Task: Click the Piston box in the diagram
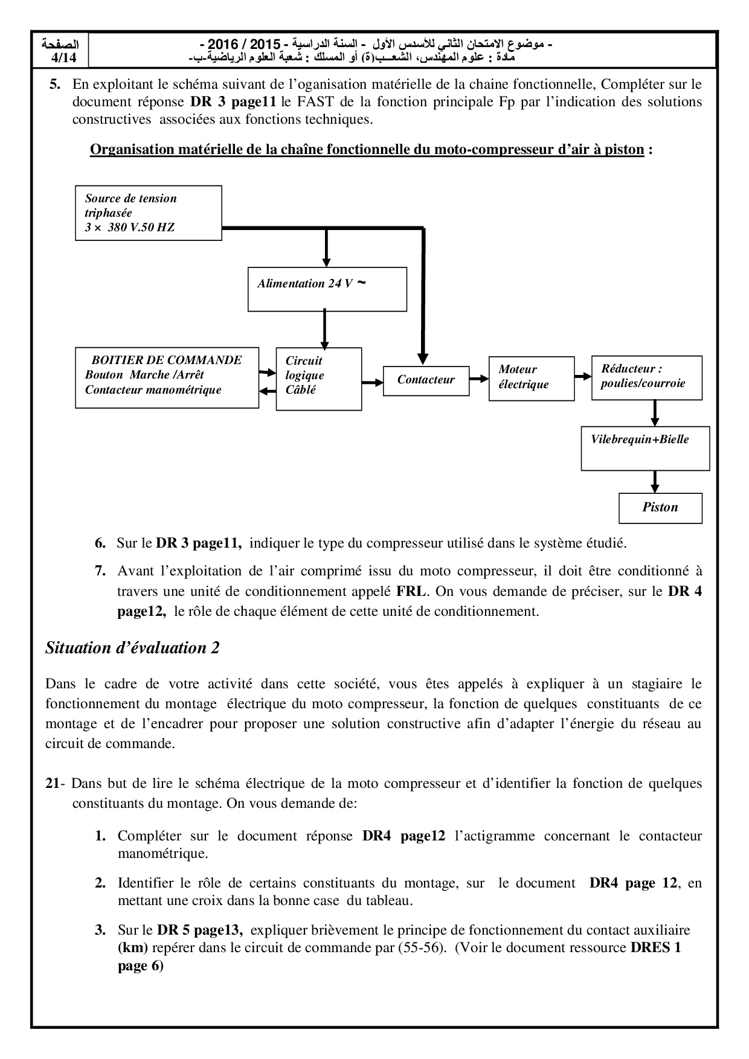(x=660, y=508)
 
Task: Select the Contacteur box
(x=426, y=380)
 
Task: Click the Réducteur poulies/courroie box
(x=646, y=377)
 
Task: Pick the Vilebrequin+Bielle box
(x=645, y=448)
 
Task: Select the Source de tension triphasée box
(x=148, y=213)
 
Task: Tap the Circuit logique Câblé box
(x=318, y=379)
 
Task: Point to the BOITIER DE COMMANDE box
(x=167, y=377)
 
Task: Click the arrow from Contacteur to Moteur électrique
(x=479, y=379)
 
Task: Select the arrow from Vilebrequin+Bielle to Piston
(x=654, y=482)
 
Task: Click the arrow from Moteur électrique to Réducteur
(x=583, y=376)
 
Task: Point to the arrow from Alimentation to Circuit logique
(x=326, y=330)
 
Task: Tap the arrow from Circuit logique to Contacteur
(x=373, y=382)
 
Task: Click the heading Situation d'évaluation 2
(x=132, y=648)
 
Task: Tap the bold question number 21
(x=52, y=784)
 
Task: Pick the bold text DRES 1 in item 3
(x=655, y=947)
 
